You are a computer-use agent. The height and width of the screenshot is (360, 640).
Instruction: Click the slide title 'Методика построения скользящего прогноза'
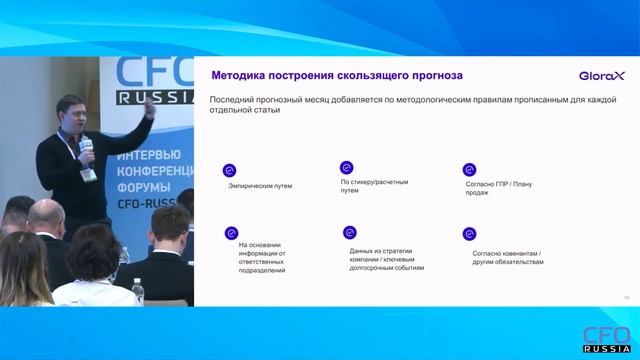coord(335,76)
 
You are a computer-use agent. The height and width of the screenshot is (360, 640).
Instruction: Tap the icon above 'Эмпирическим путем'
coord(229,170)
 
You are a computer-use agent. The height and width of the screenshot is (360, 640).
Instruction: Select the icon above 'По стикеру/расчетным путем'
coord(347,167)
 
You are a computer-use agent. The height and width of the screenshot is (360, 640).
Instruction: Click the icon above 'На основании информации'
coord(231,233)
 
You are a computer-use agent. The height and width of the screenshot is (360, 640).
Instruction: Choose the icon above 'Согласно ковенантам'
coord(468,233)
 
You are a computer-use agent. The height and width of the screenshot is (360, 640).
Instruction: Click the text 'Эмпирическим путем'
coord(260,186)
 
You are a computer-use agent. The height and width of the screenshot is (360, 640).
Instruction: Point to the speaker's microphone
coord(87,149)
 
